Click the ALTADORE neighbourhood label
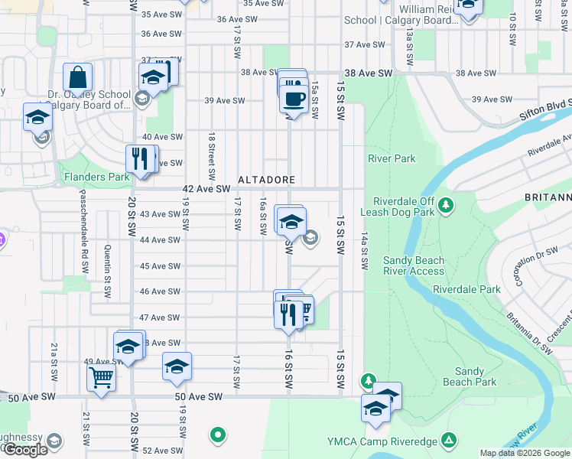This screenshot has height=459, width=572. click(x=266, y=180)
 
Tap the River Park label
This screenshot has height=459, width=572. click(x=392, y=158)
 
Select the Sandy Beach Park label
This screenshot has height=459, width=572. click(x=470, y=376)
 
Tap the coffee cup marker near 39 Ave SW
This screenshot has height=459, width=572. click(x=293, y=98)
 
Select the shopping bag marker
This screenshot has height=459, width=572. click(x=77, y=77)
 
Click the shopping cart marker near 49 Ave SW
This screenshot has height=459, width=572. click(x=100, y=376)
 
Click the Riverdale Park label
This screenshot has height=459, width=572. click(x=466, y=290)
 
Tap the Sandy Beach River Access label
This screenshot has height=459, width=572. click(x=413, y=265)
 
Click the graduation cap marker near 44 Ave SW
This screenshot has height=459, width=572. click(x=291, y=222)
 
